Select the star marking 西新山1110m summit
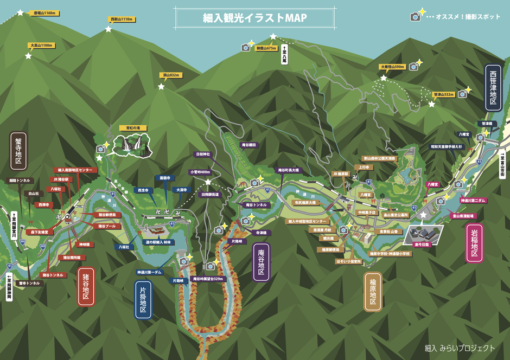[108, 29]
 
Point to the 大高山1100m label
[41, 46]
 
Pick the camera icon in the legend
[416, 17]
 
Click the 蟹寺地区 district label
[18, 149]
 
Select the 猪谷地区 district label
[86, 287]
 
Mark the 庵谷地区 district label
[262, 261]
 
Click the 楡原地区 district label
[373, 291]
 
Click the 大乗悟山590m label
[393, 67]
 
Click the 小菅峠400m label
[200, 172]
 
